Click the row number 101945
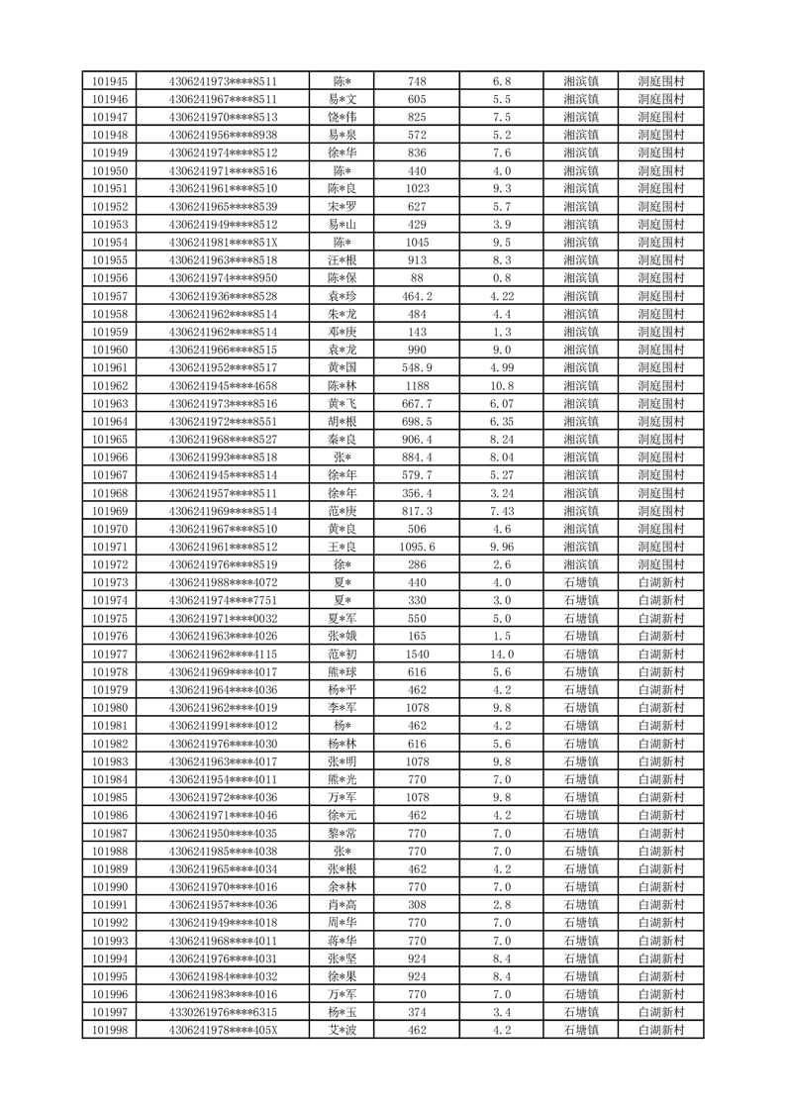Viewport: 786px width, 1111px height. [109, 81]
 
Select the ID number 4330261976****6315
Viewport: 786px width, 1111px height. [223, 1012]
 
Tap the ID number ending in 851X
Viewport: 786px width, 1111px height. [223, 243]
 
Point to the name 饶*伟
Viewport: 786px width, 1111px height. [343, 117]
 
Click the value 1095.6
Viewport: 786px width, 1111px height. [417, 547]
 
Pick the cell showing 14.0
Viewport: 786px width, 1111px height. [501, 655]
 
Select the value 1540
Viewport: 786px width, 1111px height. [417, 655]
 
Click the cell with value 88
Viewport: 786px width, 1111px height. [417, 278]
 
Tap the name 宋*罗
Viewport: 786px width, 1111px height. [343, 207]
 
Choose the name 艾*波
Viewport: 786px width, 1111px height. [343, 1030]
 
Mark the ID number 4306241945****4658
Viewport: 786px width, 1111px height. [223, 386]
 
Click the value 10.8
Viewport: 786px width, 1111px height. [501, 386]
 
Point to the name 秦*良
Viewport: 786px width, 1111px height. [343, 440]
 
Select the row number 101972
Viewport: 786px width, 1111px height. [109, 564]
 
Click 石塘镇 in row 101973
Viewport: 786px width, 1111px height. [580, 582]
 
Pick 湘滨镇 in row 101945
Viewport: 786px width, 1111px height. [580, 81]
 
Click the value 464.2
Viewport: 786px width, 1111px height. [417, 296]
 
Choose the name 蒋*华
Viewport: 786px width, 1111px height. [343, 941]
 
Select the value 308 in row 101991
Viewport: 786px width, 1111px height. [417, 905]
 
